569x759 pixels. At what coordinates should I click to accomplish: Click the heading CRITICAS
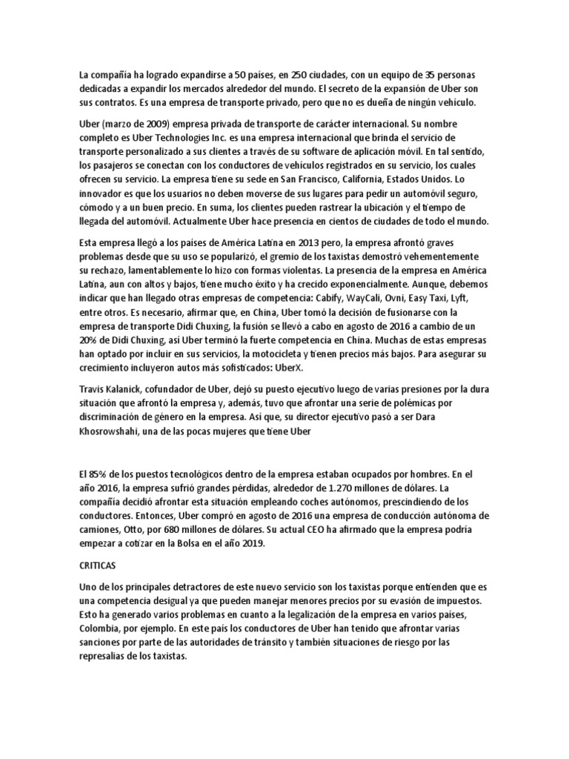(x=96, y=565)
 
